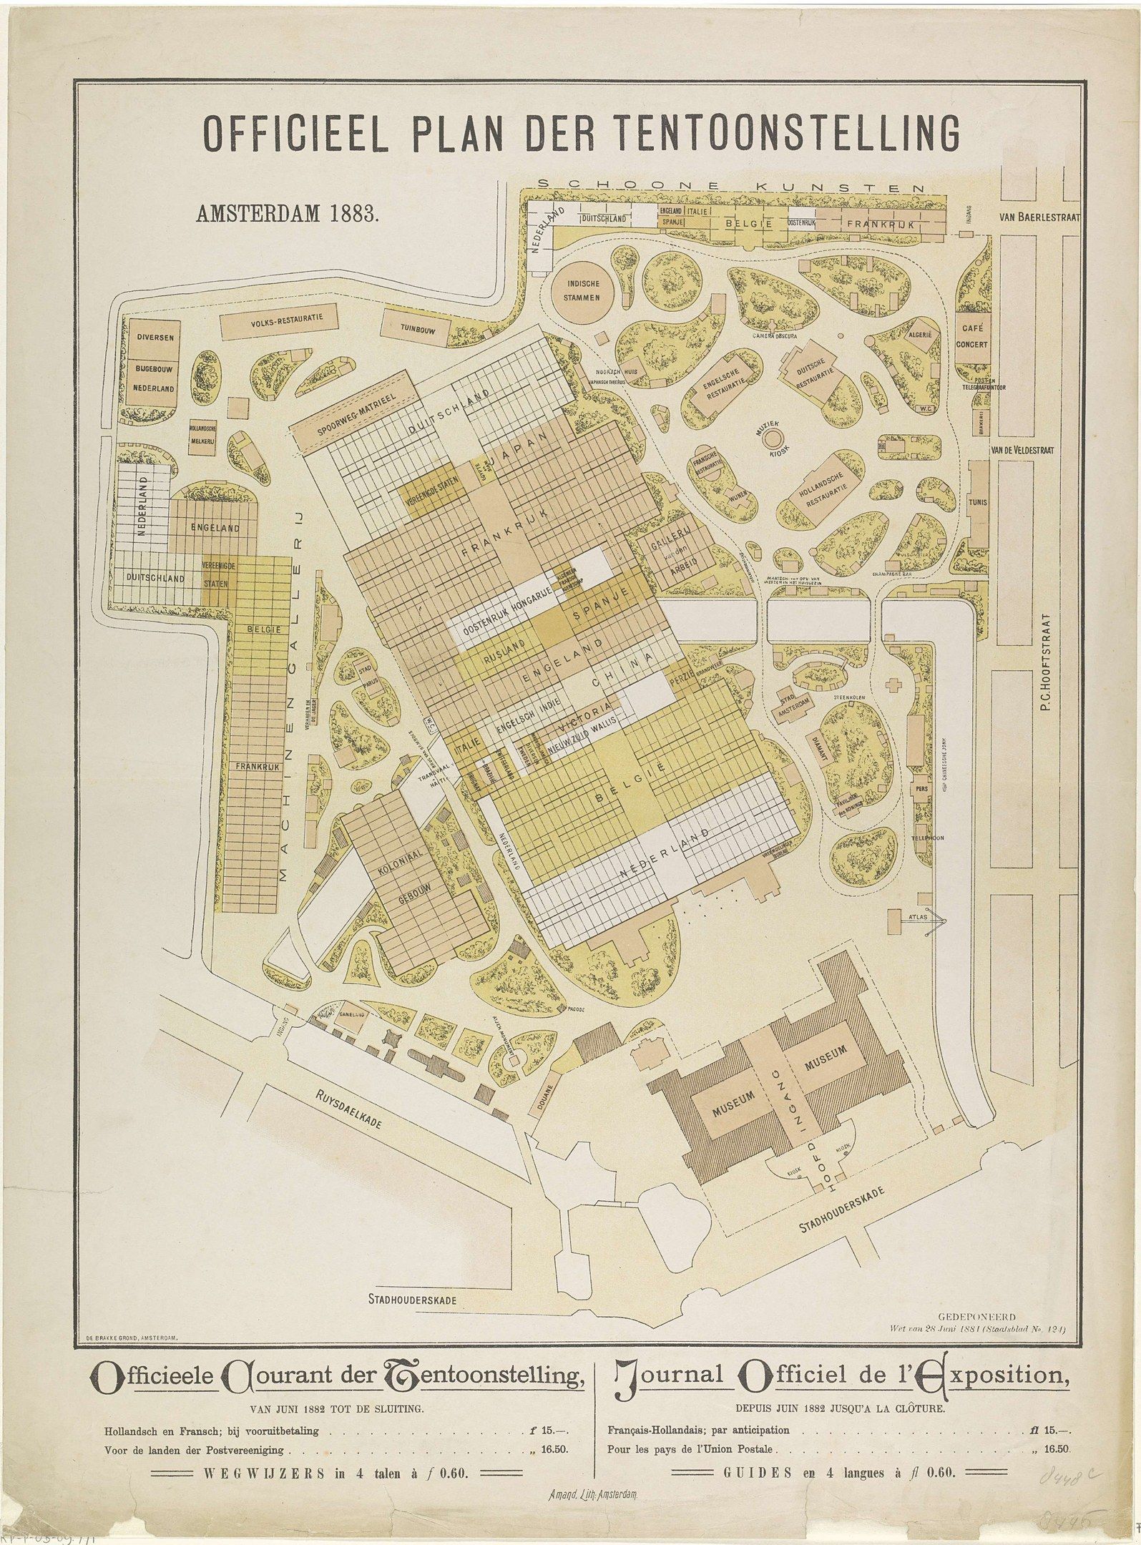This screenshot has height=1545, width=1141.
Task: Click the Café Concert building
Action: (x=974, y=336)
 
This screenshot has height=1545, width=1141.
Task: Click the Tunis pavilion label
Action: (x=978, y=502)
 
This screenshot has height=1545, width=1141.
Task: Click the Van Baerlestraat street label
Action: (x=1039, y=217)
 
